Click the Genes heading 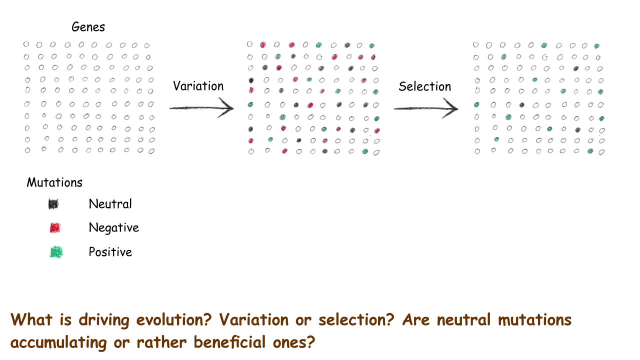click(x=88, y=27)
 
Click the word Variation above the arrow click(x=198, y=86)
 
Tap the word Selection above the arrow click(x=425, y=86)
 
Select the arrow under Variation click(x=201, y=108)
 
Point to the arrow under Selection click(x=426, y=108)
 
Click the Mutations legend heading click(x=54, y=182)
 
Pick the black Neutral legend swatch click(x=53, y=204)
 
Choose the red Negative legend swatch click(x=55, y=228)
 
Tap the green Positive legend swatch click(x=56, y=252)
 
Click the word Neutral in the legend click(x=110, y=204)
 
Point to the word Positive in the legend click(x=110, y=252)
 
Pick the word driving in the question click(x=104, y=320)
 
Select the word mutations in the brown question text click(x=534, y=319)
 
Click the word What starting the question click(x=31, y=319)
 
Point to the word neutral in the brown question click(x=463, y=319)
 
